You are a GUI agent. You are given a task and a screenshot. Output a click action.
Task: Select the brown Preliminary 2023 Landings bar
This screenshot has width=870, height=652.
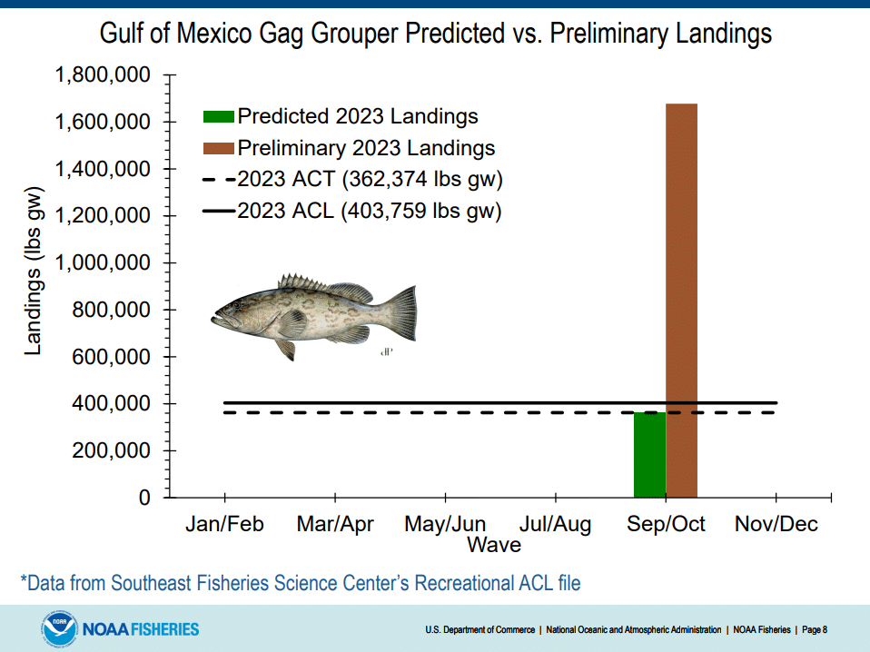(681, 300)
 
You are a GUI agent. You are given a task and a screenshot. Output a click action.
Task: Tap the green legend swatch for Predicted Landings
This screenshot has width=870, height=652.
(218, 116)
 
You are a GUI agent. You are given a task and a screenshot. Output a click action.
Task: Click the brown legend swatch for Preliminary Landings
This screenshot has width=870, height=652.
(218, 148)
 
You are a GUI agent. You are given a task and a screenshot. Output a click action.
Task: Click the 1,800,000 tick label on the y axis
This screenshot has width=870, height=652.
(103, 75)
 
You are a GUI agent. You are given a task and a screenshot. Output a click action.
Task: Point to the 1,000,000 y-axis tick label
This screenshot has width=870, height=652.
(103, 263)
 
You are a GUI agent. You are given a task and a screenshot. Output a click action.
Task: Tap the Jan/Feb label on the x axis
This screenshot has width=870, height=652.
(224, 525)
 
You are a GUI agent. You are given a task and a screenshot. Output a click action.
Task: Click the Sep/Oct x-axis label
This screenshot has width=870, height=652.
(666, 525)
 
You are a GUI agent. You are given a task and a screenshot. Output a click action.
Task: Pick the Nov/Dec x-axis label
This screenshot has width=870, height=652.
(776, 525)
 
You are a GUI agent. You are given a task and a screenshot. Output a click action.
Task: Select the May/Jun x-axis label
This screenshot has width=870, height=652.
(445, 525)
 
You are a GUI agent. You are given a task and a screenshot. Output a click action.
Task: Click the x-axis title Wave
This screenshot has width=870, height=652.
(494, 545)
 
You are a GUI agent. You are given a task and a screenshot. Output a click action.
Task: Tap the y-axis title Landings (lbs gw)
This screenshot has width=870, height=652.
(34, 272)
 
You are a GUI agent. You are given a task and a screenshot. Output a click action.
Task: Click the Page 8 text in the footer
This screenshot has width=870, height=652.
(814, 629)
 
